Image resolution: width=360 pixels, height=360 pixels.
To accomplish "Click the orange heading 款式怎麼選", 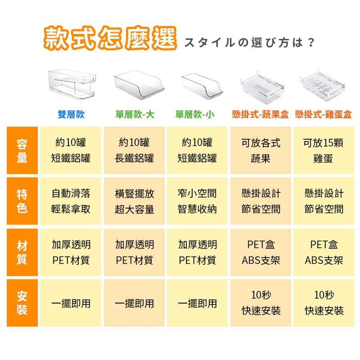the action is click(110, 38).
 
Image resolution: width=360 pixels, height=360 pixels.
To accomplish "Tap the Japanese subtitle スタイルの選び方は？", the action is click(249, 42).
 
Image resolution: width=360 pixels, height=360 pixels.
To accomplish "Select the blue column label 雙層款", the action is click(71, 114).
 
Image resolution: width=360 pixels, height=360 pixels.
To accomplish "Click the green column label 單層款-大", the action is click(135, 114).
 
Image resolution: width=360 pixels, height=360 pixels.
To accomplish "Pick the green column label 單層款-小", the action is click(195, 114).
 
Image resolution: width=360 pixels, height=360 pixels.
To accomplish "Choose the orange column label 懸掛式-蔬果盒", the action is click(260, 114).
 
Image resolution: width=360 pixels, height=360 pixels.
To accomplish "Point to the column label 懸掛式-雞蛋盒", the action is click(323, 114).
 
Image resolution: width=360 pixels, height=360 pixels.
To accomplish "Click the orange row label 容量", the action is click(22, 150).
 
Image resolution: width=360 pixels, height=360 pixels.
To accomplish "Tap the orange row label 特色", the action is click(22, 201).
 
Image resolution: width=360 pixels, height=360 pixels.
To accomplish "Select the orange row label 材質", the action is click(22, 252).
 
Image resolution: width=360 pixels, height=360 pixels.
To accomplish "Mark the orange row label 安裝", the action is click(22, 303).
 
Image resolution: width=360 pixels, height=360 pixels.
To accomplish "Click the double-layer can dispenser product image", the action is click(72, 85).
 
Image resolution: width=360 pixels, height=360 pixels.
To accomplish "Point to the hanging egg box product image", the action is click(323, 85).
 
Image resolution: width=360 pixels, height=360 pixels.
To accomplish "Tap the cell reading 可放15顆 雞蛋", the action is click(323, 150).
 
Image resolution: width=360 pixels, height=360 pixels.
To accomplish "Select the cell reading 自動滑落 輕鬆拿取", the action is click(71, 201).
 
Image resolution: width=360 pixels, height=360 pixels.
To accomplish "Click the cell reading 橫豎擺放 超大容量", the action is click(134, 201).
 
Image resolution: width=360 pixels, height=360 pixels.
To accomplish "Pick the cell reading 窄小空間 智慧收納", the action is click(197, 201).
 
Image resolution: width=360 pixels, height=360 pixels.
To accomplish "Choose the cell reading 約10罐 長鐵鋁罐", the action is click(134, 150).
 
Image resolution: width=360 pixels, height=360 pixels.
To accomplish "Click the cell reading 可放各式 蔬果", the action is click(261, 150).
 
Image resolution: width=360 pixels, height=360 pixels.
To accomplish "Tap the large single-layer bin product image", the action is click(139, 85).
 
